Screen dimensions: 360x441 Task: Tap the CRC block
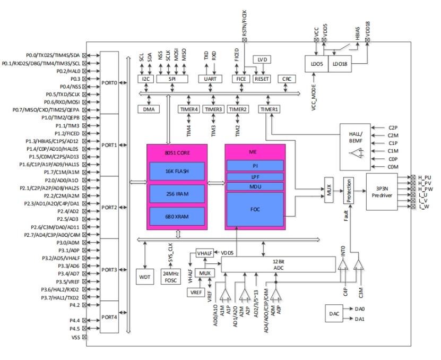(286, 79)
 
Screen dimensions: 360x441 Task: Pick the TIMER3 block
(213, 109)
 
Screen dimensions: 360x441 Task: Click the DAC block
(334, 313)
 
